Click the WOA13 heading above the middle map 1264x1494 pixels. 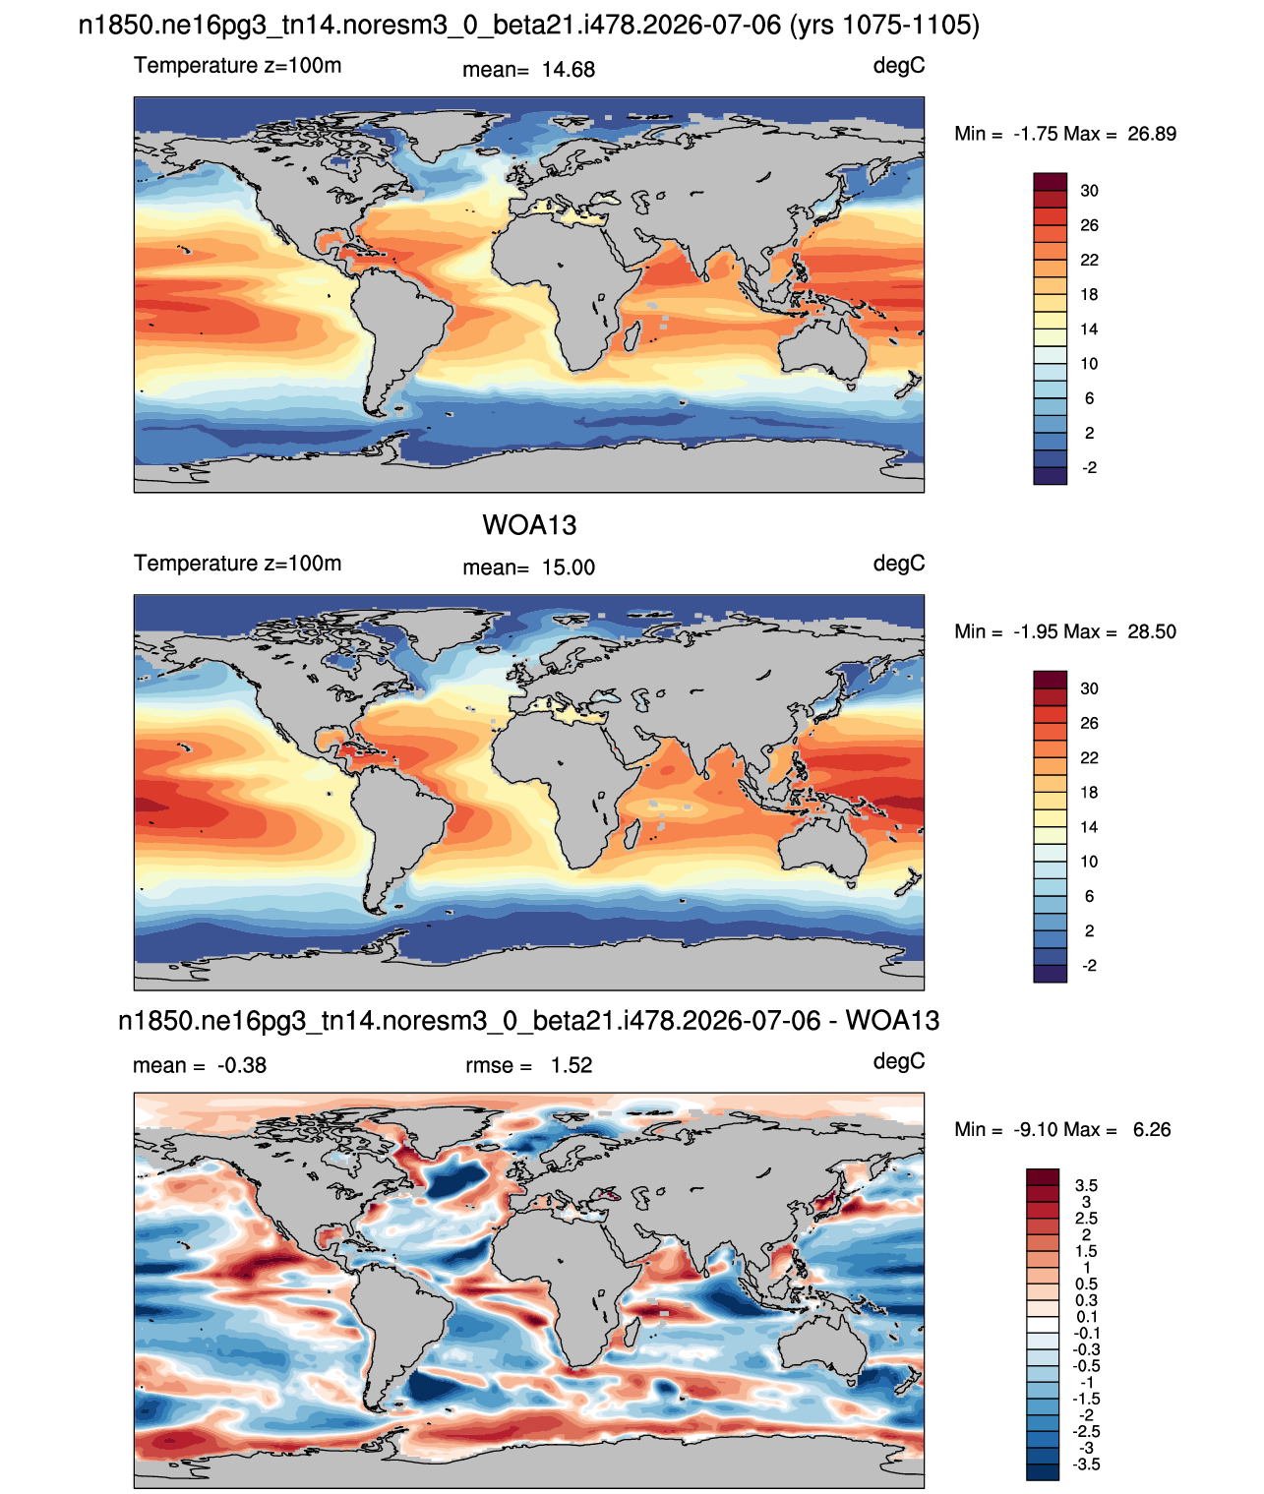pos(529,525)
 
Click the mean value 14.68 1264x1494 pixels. pos(568,70)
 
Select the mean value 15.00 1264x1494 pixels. pos(568,568)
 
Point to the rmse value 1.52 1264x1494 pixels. pos(571,1065)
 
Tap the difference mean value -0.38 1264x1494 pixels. pos(241,1065)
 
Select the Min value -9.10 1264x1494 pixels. pos(1031,1130)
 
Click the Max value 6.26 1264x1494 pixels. pos(1151,1130)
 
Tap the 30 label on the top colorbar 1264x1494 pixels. pos(1089,191)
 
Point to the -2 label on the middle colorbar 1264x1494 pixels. pos(1089,966)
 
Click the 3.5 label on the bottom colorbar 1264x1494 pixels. pos(1086,1185)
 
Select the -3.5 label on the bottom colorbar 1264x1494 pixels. pos(1086,1464)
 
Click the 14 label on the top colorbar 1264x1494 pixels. pos(1089,329)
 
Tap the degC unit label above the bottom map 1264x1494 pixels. pos(898,1061)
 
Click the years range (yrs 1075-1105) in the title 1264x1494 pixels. pos(884,26)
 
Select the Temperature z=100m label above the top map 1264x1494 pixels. pos(237,65)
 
